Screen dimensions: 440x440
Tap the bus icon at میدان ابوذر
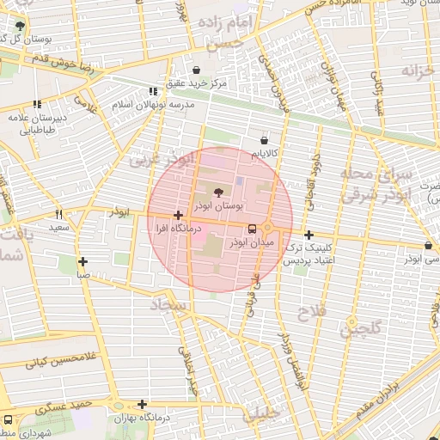[253, 229]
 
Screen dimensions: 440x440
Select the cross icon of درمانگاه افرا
[178, 216]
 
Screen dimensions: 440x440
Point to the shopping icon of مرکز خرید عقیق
[197, 70]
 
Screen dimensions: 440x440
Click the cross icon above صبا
[82, 262]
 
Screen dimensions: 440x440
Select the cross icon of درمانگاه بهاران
[142, 404]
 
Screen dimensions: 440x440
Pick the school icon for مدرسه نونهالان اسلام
[153, 91]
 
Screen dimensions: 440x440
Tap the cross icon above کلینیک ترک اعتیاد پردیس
[308, 235]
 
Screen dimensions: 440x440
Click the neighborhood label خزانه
[415, 70]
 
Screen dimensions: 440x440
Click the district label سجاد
[168, 304]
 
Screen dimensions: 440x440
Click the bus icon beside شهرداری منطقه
[8, 420]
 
